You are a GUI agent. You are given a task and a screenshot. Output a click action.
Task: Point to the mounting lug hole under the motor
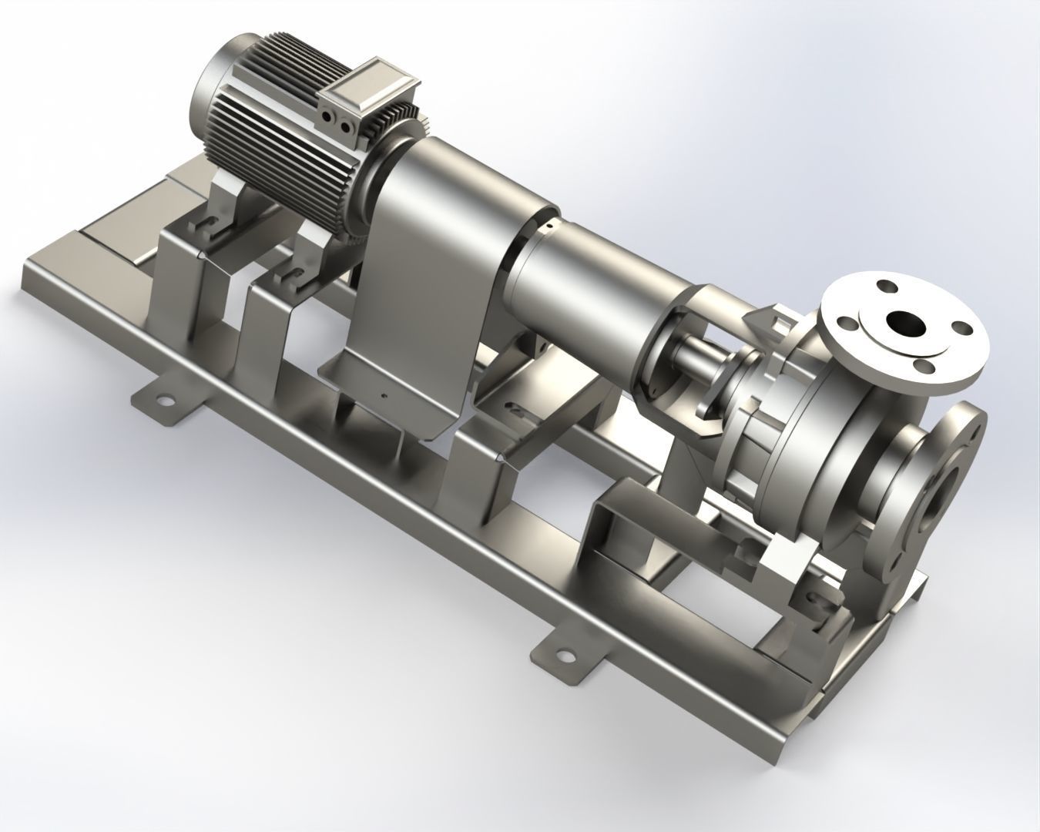(x=163, y=401)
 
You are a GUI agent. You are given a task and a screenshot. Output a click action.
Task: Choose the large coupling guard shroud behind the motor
(x=431, y=254)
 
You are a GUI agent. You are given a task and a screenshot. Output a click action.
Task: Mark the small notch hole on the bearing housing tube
(x=549, y=227)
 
